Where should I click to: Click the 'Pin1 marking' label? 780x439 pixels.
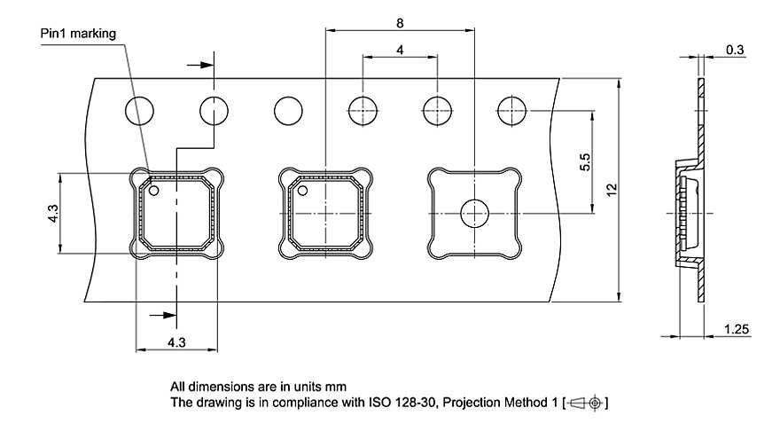pos(78,34)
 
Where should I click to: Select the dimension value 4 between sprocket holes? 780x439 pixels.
pos(400,51)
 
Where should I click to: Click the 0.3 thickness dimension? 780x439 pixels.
pos(734,51)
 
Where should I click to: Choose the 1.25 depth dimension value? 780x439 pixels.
pos(736,330)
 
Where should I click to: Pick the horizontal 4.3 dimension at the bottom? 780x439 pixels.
pos(175,341)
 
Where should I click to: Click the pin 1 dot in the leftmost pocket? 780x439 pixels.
pos(153,190)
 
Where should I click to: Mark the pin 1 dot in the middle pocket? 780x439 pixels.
pos(302,190)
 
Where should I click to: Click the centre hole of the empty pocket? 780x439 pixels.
pos(475,213)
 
